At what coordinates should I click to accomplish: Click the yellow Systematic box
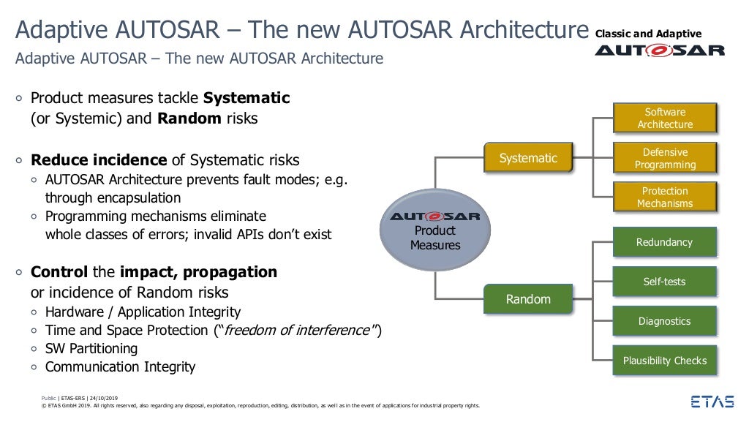coord(528,158)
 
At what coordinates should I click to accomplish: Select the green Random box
coord(528,299)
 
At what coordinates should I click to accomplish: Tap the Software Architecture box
coord(665,118)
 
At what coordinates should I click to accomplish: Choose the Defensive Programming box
coord(665,159)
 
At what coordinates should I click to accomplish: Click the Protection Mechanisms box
coord(665,197)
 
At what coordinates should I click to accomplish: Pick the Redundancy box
coord(664,243)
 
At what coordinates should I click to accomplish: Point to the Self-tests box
coord(664,282)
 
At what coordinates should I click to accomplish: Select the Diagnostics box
coord(664,321)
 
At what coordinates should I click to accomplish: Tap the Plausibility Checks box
coord(664,361)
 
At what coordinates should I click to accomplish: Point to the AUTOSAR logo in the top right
coord(660,50)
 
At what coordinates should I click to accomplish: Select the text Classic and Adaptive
coord(649,34)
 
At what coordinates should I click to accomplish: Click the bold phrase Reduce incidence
coord(99,160)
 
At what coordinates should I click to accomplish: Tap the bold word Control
coord(59,272)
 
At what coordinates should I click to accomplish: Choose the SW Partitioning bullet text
coord(91,349)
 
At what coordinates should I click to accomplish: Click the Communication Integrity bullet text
coord(120,367)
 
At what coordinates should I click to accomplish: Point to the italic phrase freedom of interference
coord(297,331)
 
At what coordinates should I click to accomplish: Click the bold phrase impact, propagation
coord(198,272)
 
